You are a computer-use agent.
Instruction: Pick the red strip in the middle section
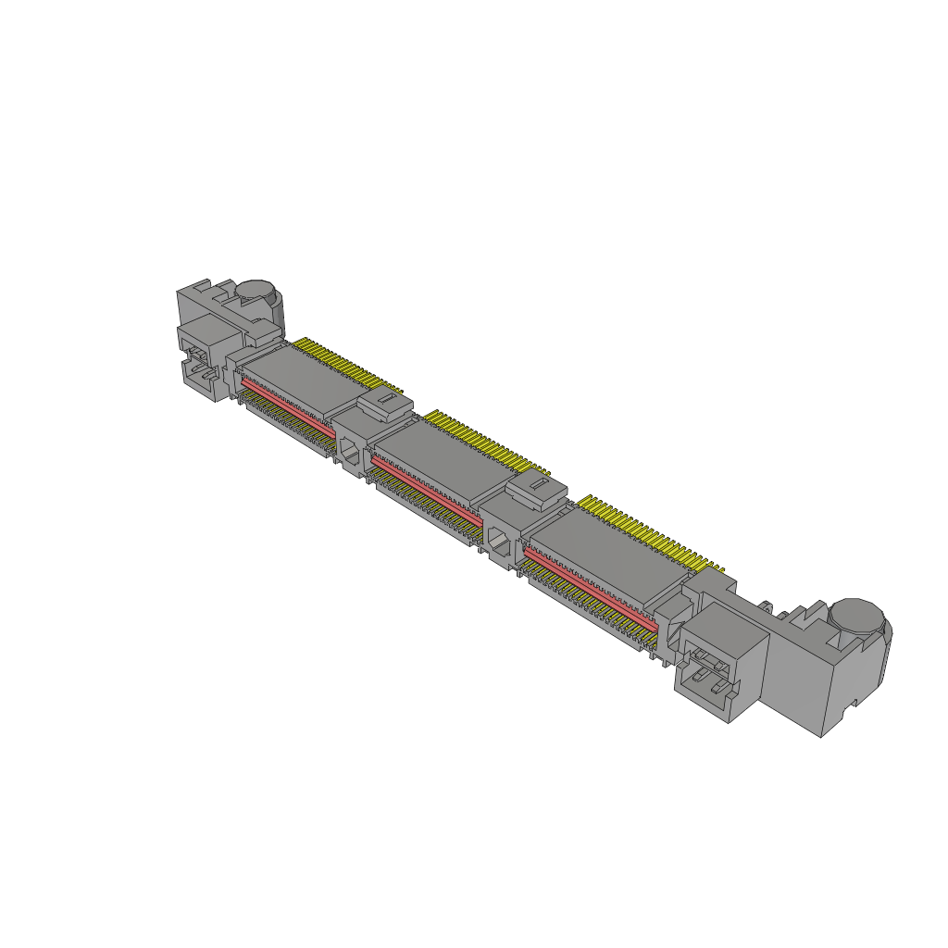426,485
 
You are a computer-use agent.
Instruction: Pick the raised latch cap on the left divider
382,403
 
